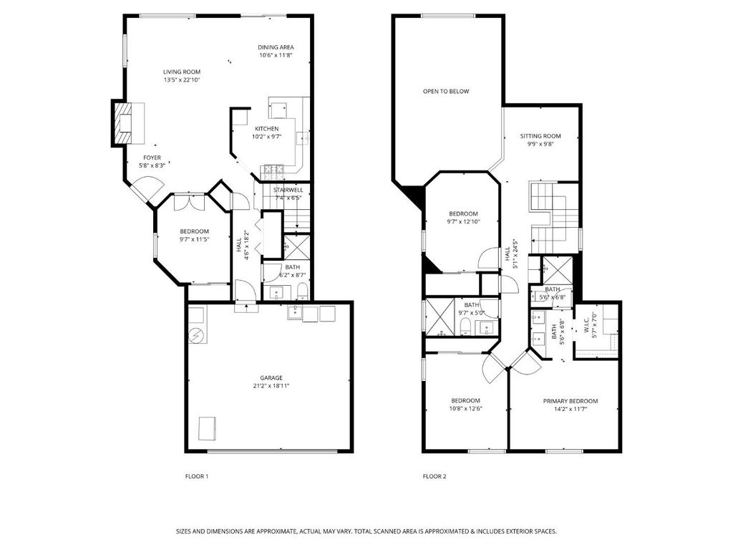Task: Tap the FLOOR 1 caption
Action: click(197, 476)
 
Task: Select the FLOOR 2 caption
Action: click(435, 476)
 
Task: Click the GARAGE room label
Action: click(271, 378)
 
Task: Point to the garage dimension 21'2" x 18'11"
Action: click(271, 386)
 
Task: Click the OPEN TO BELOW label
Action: click(446, 91)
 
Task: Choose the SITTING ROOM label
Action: click(540, 136)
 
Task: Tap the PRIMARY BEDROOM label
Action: click(571, 401)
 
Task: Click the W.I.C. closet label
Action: click(587, 329)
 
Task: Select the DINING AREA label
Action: click(276, 47)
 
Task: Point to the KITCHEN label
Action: click(266, 129)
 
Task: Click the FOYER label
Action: click(152, 158)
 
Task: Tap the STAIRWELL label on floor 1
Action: click(288, 190)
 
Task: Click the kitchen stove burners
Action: click(274, 171)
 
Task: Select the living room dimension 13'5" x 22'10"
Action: click(182, 80)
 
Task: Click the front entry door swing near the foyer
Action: click(147, 188)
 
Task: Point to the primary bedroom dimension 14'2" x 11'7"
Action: click(571, 409)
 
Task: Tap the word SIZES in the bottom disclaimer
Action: click(183, 531)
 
